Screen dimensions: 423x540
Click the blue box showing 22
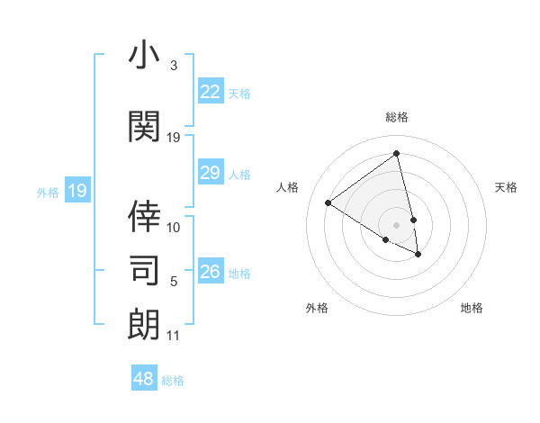pos(211,92)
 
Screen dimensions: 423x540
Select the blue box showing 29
pos(211,173)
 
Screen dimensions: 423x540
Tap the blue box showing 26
pos(211,272)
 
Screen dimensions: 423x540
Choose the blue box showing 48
pos(144,379)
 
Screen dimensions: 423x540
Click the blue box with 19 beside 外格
pos(76,191)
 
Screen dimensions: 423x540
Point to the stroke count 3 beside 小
pos(174,66)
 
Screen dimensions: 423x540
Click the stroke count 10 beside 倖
pos(174,227)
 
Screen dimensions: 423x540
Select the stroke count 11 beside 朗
pos(174,336)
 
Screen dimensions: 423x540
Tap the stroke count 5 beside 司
pos(174,282)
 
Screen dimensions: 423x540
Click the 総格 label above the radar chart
pos(397,117)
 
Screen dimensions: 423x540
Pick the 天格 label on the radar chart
pos(507,187)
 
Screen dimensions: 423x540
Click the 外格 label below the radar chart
pos(317,308)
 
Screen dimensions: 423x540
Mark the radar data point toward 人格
pos(328,203)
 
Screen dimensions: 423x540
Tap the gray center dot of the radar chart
pos(397,224)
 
